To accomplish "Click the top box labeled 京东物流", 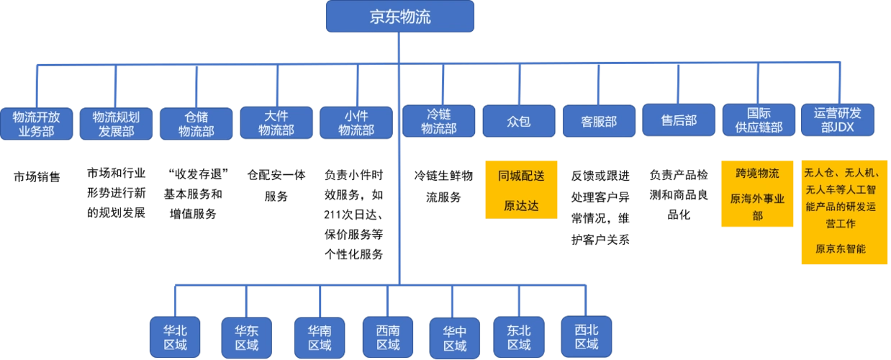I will click(400, 17).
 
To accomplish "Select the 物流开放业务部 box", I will click(36, 124).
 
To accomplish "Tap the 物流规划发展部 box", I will click(116, 124).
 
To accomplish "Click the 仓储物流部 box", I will click(196, 124).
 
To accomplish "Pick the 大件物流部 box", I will click(276, 122).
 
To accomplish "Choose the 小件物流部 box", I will click(356, 122).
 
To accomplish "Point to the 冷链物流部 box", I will click(439, 121).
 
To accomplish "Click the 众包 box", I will click(519, 121).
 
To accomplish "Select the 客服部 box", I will click(599, 121).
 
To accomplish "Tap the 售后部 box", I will click(679, 120).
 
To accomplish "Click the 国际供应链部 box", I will click(759, 120).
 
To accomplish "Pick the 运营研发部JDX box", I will click(838, 120).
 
